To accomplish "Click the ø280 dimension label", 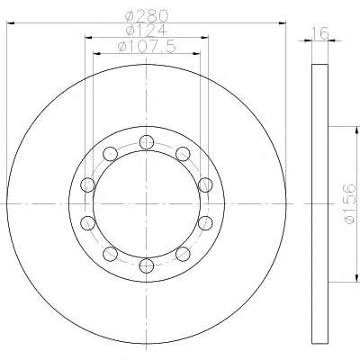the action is tap(147, 15).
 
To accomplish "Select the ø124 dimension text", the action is tap(146, 31).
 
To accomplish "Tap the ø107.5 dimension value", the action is tap(147, 47).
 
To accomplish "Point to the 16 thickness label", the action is tap(319, 33).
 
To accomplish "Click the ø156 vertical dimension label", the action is tap(350, 204).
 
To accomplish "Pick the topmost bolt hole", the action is tap(147, 142).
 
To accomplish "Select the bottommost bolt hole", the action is tap(147, 265).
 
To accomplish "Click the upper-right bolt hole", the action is tap(183, 154).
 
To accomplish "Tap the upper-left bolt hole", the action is tap(110, 154).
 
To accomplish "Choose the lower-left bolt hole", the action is tap(110, 254).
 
